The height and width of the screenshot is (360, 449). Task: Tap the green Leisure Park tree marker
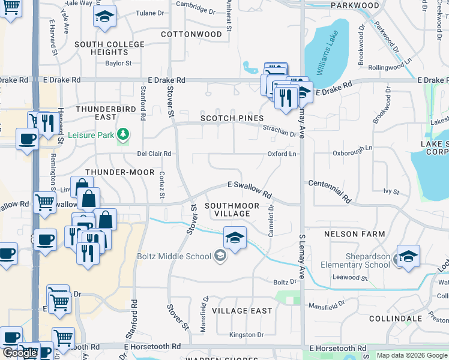click(x=123, y=134)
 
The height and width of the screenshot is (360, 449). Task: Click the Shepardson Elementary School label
click(x=355, y=260)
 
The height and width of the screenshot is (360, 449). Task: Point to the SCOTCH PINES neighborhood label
click(x=232, y=118)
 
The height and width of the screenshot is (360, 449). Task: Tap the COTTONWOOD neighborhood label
click(x=191, y=34)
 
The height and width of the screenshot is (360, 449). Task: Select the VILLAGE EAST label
click(x=242, y=311)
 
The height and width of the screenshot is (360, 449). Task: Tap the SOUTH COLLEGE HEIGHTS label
click(x=109, y=48)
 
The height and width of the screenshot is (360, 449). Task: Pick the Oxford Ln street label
click(x=282, y=154)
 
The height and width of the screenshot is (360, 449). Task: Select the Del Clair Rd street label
click(x=154, y=154)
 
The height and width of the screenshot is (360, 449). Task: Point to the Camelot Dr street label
click(x=271, y=221)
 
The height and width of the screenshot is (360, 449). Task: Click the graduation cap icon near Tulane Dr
click(x=104, y=17)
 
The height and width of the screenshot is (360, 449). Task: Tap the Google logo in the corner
click(x=20, y=353)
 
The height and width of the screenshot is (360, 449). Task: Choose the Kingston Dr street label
click(x=246, y=335)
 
